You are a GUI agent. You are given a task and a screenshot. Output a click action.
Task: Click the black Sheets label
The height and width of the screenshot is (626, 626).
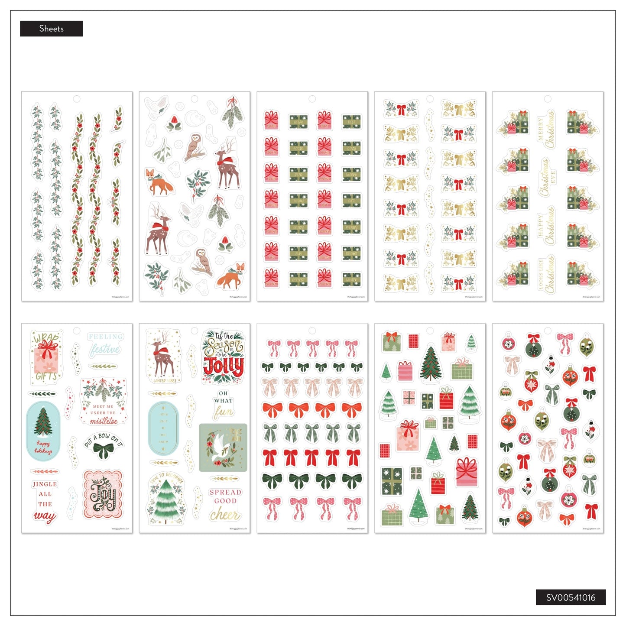click(51, 29)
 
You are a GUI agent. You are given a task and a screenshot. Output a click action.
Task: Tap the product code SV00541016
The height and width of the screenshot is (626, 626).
click(571, 597)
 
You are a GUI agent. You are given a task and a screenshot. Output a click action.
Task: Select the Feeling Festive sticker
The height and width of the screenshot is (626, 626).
click(105, 344)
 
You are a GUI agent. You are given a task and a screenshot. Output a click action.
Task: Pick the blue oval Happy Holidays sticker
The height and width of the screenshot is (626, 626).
click(43, 431)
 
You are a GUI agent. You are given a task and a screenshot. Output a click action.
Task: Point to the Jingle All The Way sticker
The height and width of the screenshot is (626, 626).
click(45, 500)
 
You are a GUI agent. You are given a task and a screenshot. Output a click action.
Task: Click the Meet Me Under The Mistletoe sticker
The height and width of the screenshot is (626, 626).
click(104, 402)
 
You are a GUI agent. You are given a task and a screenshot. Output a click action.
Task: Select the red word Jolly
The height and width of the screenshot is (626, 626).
click(224, 367)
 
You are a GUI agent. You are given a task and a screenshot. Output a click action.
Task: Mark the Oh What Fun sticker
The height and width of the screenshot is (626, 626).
click(223, 405)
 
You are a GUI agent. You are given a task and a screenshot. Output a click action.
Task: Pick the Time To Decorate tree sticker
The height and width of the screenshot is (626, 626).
click(166, 498)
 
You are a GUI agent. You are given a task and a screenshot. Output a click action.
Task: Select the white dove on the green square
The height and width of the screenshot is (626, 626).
click(223, 448)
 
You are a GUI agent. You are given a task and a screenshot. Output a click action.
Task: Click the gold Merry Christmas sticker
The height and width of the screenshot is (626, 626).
click(547, 129)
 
